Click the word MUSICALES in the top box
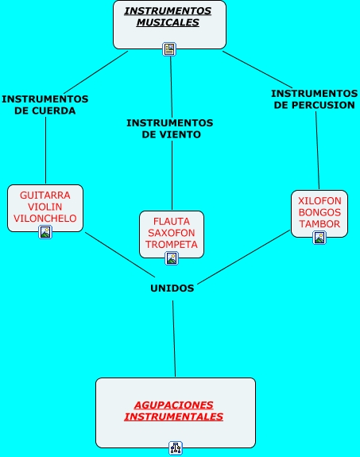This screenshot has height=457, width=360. click(x=168, y=22)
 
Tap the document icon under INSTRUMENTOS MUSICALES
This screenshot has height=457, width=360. click(x=169, y=49)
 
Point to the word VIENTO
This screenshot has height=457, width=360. click(x=181, y=134)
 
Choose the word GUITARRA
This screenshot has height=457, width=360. click(x=45, y=196)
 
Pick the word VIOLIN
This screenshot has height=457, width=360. click(x=45, y=207)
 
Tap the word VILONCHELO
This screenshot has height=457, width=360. click(x=45, y=219)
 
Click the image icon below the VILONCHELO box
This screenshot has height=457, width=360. click(x=45, y=232)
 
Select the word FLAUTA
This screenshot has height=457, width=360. click(x=172, y=222)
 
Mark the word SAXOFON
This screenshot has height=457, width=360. click(x=172, y=233)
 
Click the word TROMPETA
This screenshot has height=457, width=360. click(x=172, y=245)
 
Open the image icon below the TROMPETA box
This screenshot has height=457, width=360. click(x=172, y=258)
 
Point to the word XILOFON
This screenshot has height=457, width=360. click(x=319, y=201)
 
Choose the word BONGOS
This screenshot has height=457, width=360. click(x=319, y=212)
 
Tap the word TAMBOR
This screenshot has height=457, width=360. click(x=319, y=224)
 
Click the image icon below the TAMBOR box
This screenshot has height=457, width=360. click(x=319, y=238)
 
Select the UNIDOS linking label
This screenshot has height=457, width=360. click(x=172, y=289)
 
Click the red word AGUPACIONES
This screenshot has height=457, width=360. click(x=174, y=405)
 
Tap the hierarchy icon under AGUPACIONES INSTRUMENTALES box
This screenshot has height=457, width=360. click(x=176, y=448)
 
